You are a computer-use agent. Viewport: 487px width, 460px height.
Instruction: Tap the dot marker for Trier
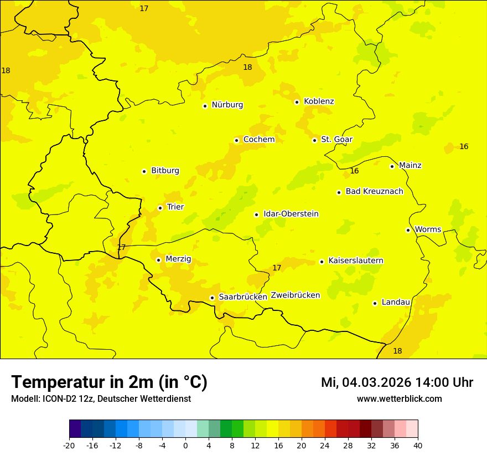click(160, 208)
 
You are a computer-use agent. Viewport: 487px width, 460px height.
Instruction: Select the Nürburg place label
click(227, 105)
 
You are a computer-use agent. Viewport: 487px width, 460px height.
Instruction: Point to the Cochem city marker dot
click(236, 140)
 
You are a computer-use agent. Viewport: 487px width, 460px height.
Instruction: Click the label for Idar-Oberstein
click(291, 214)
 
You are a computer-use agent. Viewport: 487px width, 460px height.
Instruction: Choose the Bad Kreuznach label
click(374, 191)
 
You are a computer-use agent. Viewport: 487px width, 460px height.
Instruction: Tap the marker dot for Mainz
click(392, 166)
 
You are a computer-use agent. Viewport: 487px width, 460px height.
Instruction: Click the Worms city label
click(428, 229)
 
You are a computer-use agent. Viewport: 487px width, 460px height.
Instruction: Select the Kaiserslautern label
click(356, 260)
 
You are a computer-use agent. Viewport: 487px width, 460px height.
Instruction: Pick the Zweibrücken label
click(295, 295)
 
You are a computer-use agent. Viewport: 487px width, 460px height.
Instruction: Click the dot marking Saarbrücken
click(212, 298)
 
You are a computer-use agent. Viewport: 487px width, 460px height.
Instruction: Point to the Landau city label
click(396, 302)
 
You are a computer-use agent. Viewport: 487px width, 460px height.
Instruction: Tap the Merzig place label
click(178, 259)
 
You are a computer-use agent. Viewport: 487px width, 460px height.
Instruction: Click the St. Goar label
click(336, 139)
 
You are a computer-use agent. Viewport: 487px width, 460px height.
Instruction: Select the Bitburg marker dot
click(144, 171)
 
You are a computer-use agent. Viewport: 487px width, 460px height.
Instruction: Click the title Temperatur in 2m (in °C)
click(109, 382)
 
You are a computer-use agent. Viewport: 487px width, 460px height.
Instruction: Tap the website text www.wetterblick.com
click(399, 399)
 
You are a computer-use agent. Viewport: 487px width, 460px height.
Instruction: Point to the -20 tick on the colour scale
click(69, 445)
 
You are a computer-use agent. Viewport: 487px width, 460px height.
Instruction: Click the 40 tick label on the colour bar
click(418, 445)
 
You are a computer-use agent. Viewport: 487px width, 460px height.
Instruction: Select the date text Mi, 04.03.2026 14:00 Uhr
click(397, 382)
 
